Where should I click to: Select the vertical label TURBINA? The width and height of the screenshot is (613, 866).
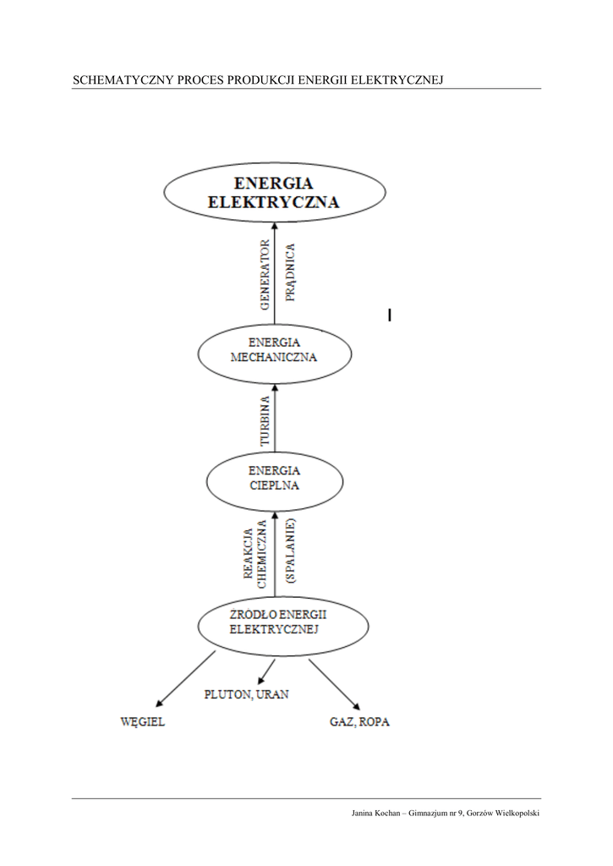click(x=265, y=420)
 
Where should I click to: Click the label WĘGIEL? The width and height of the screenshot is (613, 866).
click(x=142, y=722)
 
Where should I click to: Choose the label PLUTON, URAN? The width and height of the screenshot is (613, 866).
click(x=246, y=694)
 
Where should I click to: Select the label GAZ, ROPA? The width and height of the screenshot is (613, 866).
click(x=359, y=722)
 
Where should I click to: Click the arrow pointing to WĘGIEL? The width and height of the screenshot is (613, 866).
click(x=187, y=678)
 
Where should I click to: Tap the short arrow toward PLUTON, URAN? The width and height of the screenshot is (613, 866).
click(x=266, y=671)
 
